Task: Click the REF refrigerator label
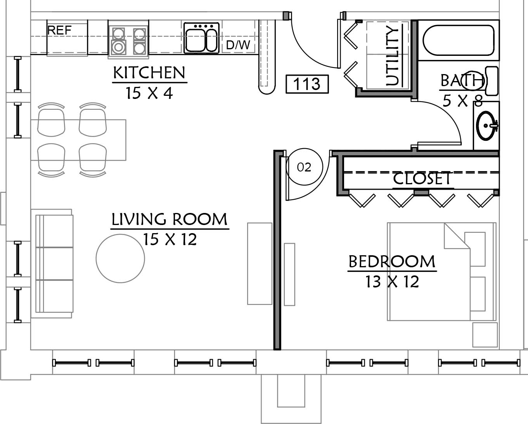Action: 59,30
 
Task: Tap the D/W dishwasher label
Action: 238,45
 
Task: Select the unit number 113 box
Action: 307,84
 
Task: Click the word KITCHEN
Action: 149,73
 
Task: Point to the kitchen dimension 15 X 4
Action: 149,93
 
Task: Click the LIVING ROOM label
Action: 170,219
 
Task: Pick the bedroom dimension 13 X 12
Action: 392,282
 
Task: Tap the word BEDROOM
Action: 392,261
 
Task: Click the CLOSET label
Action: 422,178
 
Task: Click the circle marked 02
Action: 304,167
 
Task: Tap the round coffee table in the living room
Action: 120,259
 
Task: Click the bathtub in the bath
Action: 458,40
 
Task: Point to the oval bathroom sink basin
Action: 486,126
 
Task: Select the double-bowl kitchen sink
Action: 201,38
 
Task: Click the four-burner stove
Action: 128,40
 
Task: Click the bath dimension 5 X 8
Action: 463,100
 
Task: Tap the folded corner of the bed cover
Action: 457,236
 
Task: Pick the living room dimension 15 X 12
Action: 170,239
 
